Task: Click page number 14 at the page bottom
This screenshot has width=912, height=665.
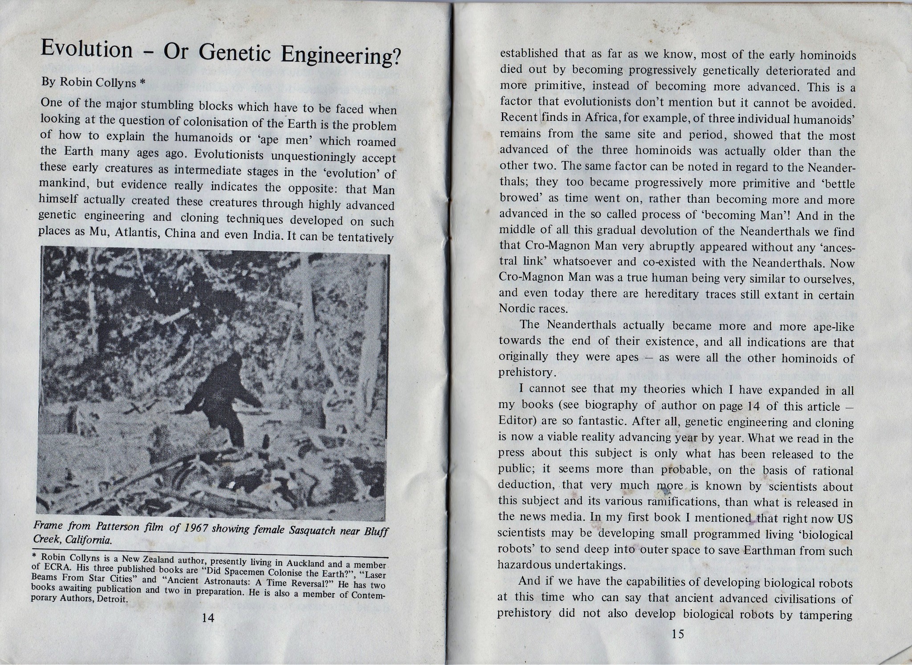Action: [208, 618]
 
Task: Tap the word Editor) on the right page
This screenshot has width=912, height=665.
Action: [516, 421]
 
